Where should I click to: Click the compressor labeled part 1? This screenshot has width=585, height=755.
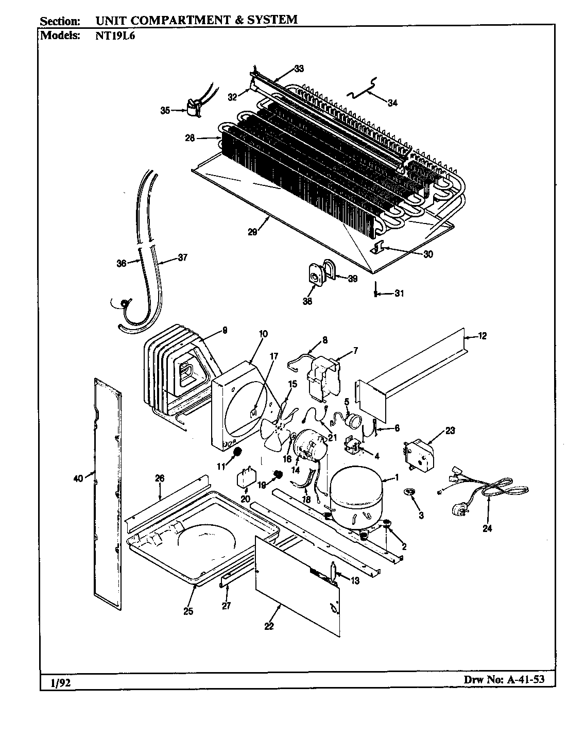355,497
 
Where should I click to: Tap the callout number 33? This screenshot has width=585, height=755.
299,68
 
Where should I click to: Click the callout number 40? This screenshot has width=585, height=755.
78,478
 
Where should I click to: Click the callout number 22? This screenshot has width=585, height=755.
269,626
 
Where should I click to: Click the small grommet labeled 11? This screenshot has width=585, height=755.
237,452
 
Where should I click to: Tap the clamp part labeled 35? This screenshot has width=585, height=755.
193,109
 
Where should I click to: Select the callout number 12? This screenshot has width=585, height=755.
482,336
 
